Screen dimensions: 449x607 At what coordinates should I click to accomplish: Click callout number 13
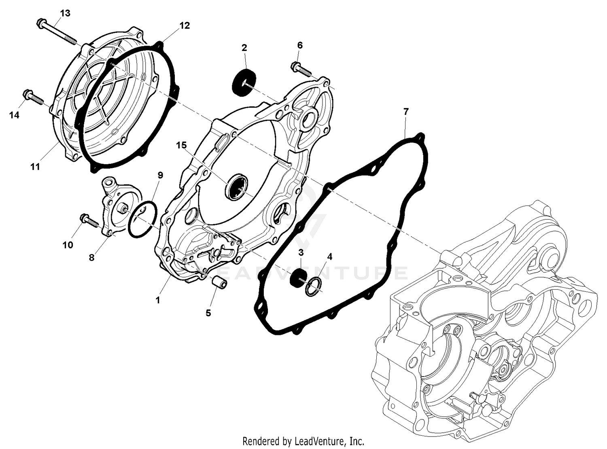[65, 13]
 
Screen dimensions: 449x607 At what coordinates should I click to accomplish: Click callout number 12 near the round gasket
[184, 25]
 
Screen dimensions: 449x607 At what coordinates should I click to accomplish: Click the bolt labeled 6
[301, 69]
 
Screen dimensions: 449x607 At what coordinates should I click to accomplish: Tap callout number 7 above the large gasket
[406, 111]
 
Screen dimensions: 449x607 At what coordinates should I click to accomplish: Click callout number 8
[92, 258]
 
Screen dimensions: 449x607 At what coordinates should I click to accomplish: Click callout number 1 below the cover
[158, 300]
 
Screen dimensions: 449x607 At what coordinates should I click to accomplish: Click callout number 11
[35, 166]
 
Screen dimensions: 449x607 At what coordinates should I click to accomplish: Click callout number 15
[181, 145]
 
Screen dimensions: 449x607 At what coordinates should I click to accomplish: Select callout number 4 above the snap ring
[329, 256]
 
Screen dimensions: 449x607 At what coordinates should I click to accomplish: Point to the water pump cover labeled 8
[115, 207]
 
